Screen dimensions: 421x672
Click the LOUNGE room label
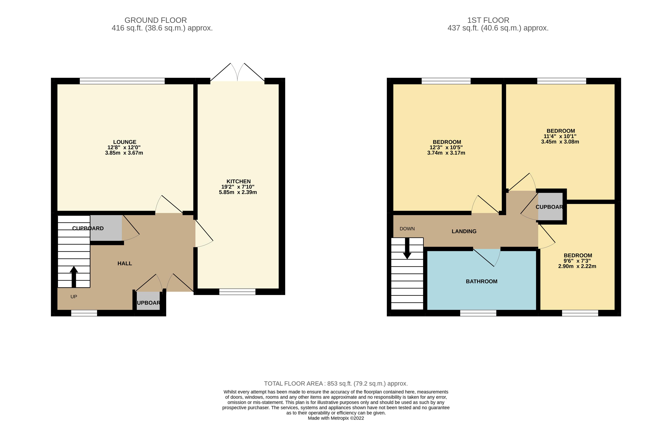pyautogui.click(x=125, y=142)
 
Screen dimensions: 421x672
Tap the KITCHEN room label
pyautogui.click(x=238, y=181)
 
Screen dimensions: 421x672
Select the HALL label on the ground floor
pyautogui.click(x=125, y=263)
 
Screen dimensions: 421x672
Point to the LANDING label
pyautogui.click(x=464, y=231)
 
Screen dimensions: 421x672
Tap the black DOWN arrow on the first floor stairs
pyautogui.click(x=407, y=248)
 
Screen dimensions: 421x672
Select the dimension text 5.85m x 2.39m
pyautogui.click(x=238, y=192)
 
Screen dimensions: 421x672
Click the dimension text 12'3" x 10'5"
pyautogui.click(x=446, y=147)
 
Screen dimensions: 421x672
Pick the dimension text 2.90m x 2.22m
pyautogui.click(x=577, y=266)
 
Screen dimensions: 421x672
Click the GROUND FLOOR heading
pyautogui.click(x=155, y=20)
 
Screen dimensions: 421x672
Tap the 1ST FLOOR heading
pyautogui.click(x=488, y=20)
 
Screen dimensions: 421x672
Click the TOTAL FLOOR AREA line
pyautogui.click(x=336, y=384)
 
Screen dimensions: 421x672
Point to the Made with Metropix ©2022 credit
pyautogui.click(x=336, y=418)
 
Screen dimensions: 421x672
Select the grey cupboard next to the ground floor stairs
pyautogui.click(x=106, y=228)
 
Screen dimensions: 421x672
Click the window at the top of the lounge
pyautogui.click(x=122, y=81)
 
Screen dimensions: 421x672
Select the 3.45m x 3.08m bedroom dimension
pyautogui.click(x=560, y=142)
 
